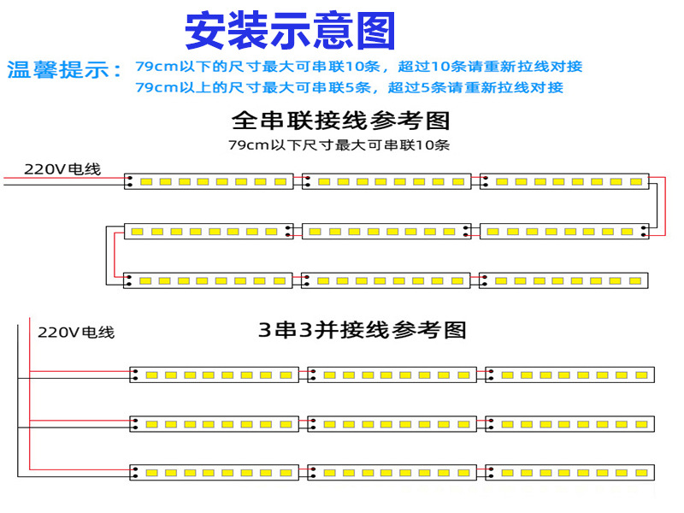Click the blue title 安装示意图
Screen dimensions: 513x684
[290, 32]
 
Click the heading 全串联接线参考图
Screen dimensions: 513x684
[340, 120]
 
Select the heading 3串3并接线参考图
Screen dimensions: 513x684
[363, 329]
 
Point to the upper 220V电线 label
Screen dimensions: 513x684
[62, 168]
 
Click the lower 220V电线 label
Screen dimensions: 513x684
[76, 332]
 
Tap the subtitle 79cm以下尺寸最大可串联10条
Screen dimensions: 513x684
[339, 144]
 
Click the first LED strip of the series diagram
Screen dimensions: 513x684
[209, 181]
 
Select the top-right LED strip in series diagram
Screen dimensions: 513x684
[564, 181]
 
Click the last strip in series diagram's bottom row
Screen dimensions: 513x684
[564, 280]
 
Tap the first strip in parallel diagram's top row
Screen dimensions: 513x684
[214, 374]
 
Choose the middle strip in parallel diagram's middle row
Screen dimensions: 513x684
[392, 423]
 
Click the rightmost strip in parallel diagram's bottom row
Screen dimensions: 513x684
[569, 472]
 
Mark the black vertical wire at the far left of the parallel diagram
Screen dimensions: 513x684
[16, 402]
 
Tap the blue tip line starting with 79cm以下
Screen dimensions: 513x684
[359, 67]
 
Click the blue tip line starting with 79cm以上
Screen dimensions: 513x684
[349, 87]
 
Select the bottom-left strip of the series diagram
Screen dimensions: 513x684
[209, 280]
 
